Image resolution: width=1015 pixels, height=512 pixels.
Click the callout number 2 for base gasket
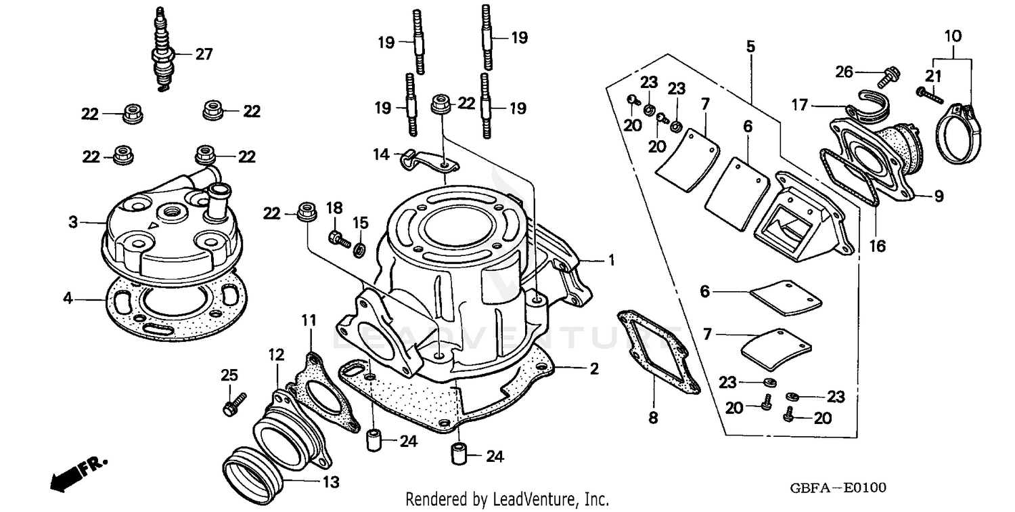click(593, 369)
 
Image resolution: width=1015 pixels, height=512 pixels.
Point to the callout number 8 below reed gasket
click(652, 419)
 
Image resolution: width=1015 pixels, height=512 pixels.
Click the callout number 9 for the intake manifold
click(939, 196)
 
